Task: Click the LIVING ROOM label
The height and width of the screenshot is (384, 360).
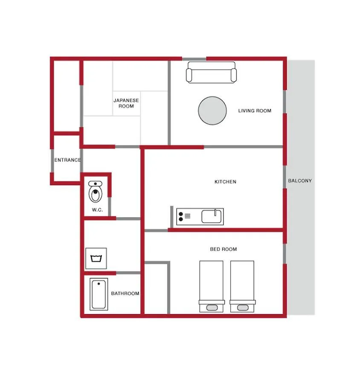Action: (x=255, y=111)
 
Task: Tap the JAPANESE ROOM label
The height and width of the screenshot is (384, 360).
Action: (x=126, y=103)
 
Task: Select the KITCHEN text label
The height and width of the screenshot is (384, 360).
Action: (x=225, y=182)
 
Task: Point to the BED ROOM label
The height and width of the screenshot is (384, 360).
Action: (x=224, y=249)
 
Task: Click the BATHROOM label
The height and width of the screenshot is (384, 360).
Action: (x=125, y=294)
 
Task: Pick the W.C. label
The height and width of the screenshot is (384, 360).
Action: (x=97, y=210)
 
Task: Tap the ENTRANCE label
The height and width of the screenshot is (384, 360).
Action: (x=67, y=160)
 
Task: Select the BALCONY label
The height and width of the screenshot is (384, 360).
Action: (x=300, y=181)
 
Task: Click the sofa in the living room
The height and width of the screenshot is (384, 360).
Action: (x=211, y=72)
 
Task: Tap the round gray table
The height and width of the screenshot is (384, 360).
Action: (x=212, y=111)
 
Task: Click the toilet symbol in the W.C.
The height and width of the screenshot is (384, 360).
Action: (x=95, y=192)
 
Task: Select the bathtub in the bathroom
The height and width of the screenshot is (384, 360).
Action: (x=99, y=294)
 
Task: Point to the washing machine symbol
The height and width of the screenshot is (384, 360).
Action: (x=96, y=259)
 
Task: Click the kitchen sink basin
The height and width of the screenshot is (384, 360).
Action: (x=212, y=216)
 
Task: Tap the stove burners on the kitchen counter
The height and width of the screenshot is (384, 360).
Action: (x=181, y=216)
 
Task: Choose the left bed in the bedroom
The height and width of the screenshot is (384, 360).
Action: (x=211, y=286)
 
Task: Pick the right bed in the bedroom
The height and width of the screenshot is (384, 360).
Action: (x=242, y=286)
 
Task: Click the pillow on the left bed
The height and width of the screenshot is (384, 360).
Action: (x=212, y=308)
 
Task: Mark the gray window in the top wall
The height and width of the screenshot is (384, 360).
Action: (x=194, y=59)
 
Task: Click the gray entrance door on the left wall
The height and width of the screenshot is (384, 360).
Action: (x=52, y=161)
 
